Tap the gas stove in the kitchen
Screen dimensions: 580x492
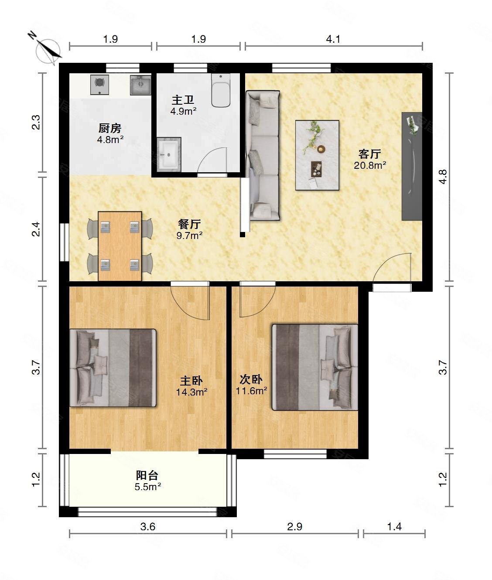point(99,85)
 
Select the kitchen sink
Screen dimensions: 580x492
point(140,85)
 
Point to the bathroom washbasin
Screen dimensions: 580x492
point(168,154)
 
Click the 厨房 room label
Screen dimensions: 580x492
point(110,128)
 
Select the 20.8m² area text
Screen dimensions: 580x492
point(370,165)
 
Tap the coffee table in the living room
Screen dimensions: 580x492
point(317,155)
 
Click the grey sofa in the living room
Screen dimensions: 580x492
point(263,155)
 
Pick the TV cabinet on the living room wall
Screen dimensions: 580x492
point(412,166)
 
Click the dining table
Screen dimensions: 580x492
point(120,246)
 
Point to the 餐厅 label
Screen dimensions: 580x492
point(189,224)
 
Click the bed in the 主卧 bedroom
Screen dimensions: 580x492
point(113,368)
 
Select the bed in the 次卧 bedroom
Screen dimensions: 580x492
point(314,367)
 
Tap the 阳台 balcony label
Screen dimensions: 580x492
point(147,475)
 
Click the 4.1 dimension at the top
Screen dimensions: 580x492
point(333,39)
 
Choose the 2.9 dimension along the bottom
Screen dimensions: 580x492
point(295,527)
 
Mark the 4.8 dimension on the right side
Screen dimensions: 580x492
point(443,176)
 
